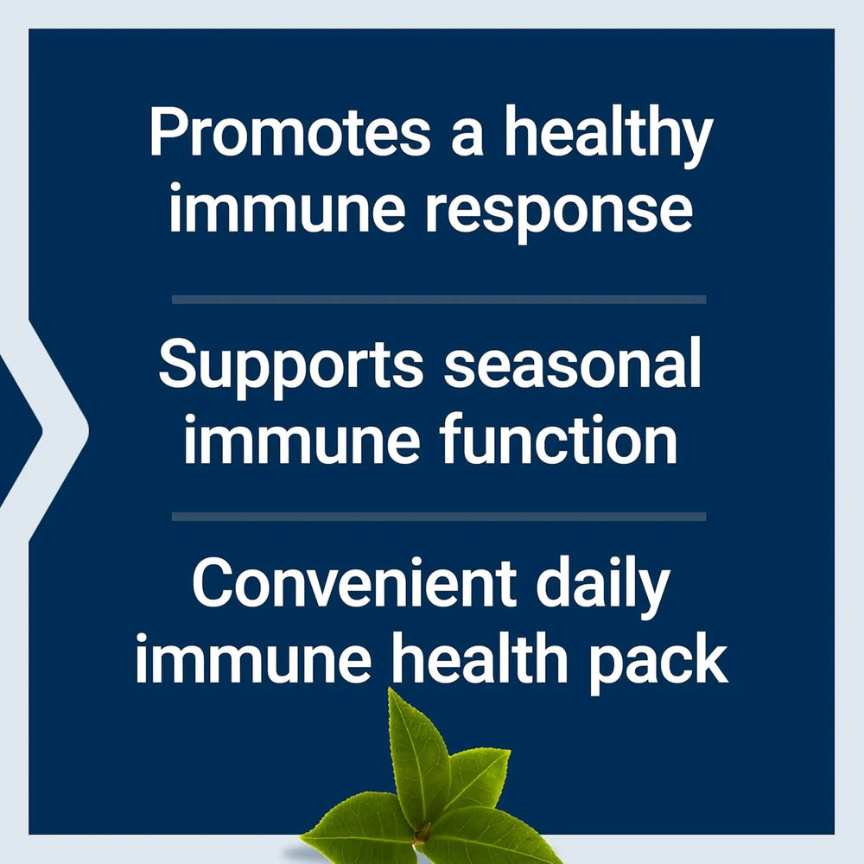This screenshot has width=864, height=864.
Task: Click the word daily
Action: tap(602, 586)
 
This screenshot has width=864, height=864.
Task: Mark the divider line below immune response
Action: tap(438, 299)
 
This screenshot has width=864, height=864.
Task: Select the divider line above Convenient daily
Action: tap(438, 517)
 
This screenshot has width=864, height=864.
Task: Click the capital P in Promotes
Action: tap(168, 134)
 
